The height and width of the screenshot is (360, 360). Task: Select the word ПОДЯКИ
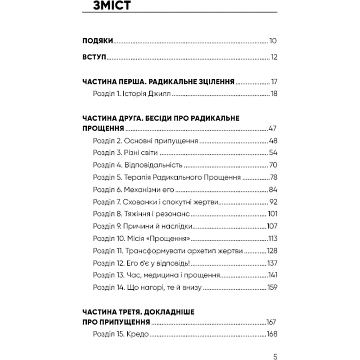point(98,41)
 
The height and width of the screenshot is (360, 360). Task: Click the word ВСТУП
point(94,57)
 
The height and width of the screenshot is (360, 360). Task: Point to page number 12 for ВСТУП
point(273,57)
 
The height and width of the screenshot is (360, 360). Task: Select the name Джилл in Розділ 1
point(161,94)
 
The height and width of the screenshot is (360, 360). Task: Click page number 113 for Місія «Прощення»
point(272,238)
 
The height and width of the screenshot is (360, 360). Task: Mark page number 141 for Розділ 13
point(272,274)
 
